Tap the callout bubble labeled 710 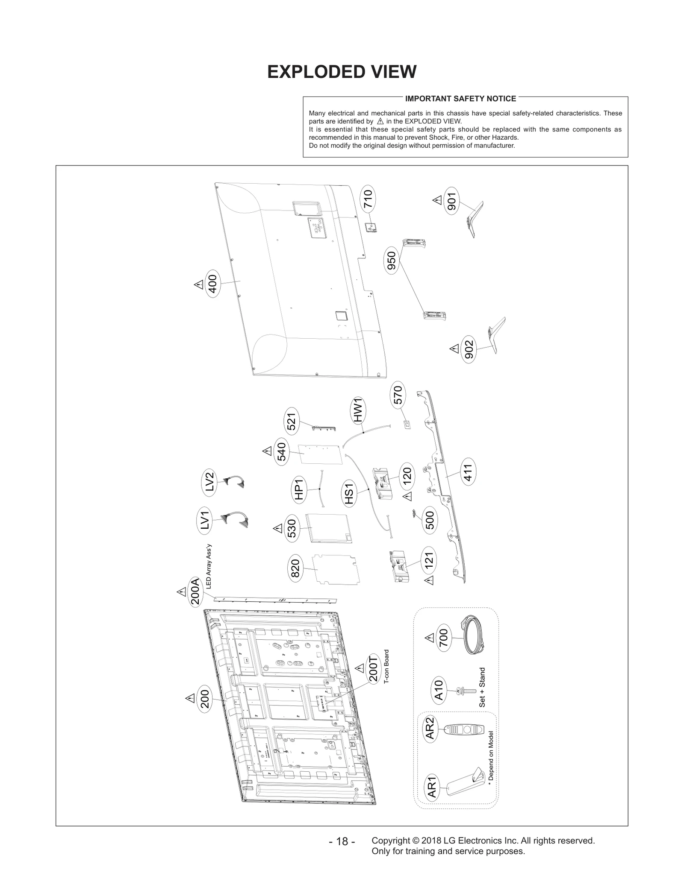(x=368, y=199)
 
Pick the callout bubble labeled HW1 (x=358, y=410)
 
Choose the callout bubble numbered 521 (x=292, y=421)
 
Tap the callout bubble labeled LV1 (x=205, y=520)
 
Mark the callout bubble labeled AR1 (x=432, y=788)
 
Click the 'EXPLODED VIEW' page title (x=342, y=72)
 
